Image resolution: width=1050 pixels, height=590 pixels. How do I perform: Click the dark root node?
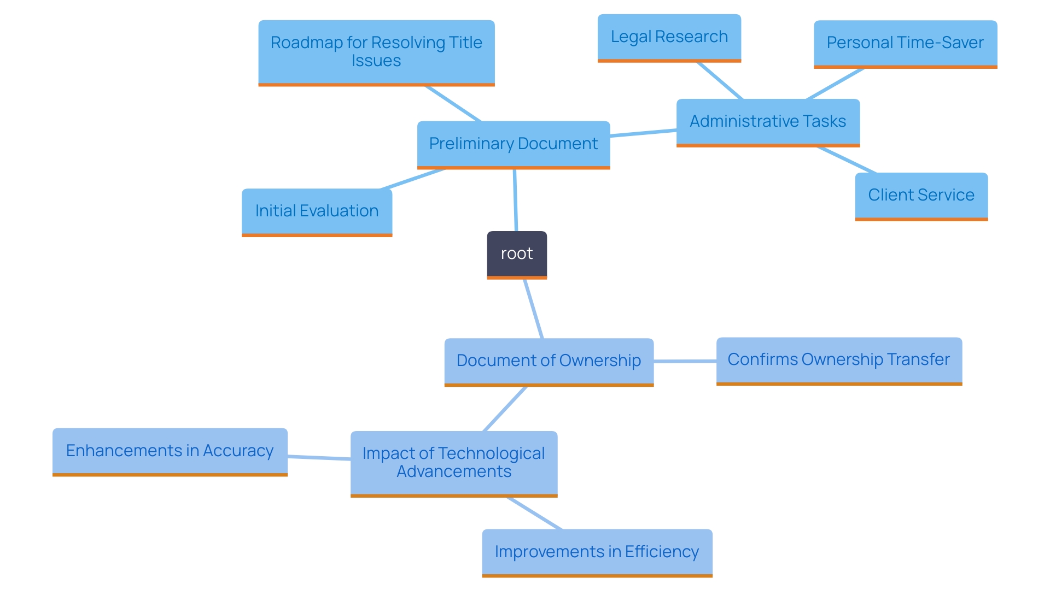pyautogui.click(x=517, y=254)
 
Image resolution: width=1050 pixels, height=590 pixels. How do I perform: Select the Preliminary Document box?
pyautogui.click(x=513, y=144)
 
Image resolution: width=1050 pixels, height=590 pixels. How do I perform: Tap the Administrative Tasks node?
pyautogui.click(x=768, y=121)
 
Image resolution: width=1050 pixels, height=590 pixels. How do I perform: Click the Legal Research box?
pyautogui.click(x=669, y=37)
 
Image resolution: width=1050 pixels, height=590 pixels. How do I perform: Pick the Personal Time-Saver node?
pyautogui.click(x=905, y=43)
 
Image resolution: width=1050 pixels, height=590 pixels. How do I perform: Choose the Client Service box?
pyautogui.click(x=921, y=195)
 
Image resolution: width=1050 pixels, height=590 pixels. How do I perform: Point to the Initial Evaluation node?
pyautogui.click(x=317, y=211)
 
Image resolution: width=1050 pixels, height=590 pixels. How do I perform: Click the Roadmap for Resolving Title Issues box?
pyautogui.click(x=376, y=52)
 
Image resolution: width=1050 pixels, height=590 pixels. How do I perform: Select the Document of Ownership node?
pyautogui.click(x=549, y=361)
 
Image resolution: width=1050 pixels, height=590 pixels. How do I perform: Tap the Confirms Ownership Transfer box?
pyautogui.click(x=838, y=359)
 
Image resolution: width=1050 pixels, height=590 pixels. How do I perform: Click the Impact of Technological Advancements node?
pyautogui.click(x=453, y=462)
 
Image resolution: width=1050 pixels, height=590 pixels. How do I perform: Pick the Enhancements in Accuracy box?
pyautogui.click(x=170, y=451)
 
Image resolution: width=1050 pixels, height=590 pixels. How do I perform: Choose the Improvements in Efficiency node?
pyautogui.click(x=597, y=552)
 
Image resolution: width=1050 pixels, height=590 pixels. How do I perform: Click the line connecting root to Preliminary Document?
pyautogui.click(x=515, y=200)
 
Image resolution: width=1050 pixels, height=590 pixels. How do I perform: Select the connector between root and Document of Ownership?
pyautogui.click(x=533, y=309)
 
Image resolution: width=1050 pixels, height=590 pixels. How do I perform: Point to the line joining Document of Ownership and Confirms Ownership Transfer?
pyautogui.click(x=685, y=361)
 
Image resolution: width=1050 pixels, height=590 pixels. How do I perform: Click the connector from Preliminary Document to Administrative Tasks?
pyautogui.click(x=643, y=133)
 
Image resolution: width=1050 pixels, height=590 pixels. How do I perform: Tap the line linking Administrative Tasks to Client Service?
pyautogui.click(x=847, y=160)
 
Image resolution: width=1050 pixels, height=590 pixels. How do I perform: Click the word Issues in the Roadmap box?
pyautogui.click(x=376, y=61)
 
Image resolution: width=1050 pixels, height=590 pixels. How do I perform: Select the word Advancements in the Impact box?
pyautogui.click(x=454, y=471)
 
